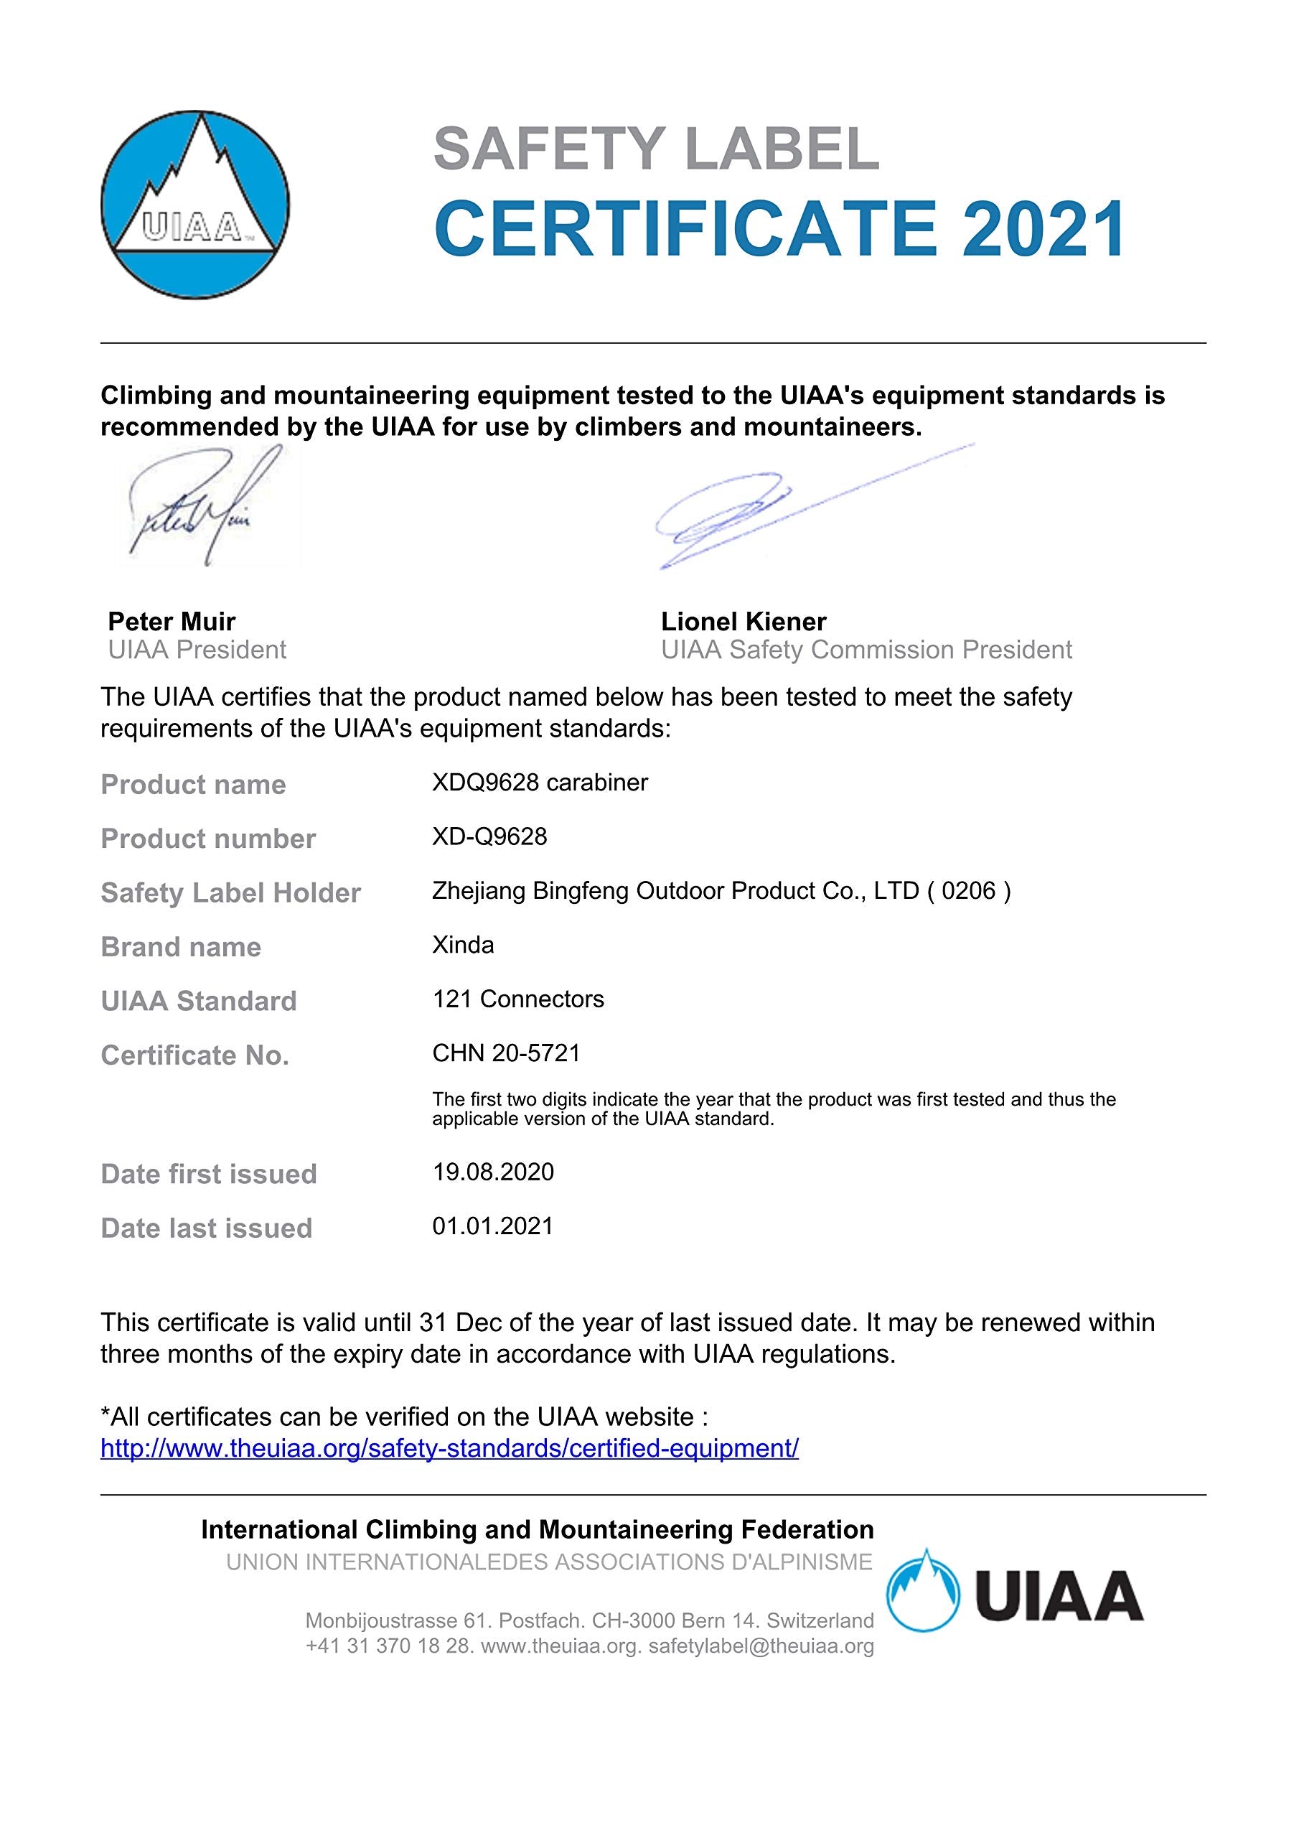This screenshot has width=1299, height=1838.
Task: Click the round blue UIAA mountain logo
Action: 194,205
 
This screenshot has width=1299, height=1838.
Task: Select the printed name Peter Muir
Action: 172,621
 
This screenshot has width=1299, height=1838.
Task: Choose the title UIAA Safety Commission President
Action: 866,650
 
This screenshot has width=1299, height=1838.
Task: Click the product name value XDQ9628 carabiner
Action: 540,782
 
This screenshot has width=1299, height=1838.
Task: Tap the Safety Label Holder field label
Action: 230,892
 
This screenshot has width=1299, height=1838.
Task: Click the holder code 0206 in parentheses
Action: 968,891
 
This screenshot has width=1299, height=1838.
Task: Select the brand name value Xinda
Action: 463,945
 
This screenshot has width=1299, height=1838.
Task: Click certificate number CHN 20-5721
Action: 506,1053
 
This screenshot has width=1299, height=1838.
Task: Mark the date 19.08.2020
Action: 493,1172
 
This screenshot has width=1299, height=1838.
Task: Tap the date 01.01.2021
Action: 493,1226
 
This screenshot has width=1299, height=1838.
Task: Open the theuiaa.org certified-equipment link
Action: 449,1448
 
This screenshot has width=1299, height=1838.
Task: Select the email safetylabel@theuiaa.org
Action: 761,1646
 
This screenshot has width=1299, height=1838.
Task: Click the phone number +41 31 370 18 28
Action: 390,1646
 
